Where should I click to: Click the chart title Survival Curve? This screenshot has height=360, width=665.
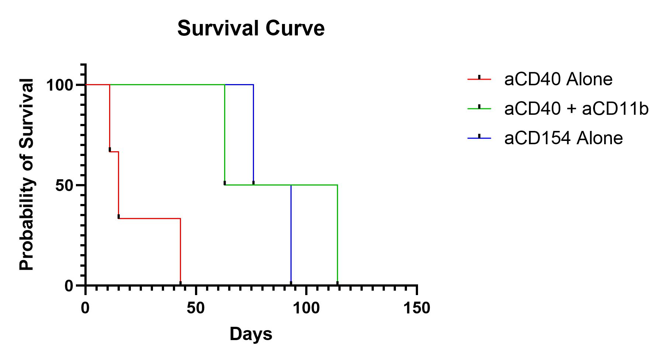click(x=251, y=28)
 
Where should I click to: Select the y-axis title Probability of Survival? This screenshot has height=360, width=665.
click(x=27, y=174)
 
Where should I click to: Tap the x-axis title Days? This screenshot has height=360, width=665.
click(x=251, y=334)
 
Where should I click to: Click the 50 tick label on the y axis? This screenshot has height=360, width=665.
click(x=65, y=185)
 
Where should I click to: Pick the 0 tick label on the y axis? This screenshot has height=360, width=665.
click(x=69, y=285)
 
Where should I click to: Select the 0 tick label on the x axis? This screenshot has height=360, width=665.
click(x=85, y=308)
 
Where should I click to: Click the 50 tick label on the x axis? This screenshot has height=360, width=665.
click(x=196, y=308)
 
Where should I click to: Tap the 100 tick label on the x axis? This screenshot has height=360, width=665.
click(x=306, y=308)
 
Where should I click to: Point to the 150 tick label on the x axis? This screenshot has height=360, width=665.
click(x=417, y=308)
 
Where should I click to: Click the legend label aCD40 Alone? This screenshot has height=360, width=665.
click(x=558, y=79)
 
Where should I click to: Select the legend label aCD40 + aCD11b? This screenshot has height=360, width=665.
click(x=576, y=108)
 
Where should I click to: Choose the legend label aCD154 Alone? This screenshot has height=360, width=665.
click(x=563, y=138)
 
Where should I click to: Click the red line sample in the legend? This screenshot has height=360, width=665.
click(x=479, y=79)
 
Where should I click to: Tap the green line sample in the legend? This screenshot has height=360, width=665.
click(x=479, y=108)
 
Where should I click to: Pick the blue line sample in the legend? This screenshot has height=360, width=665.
click(x=479, y=138)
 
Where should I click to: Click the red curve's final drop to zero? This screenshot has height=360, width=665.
click(x=180, y=251)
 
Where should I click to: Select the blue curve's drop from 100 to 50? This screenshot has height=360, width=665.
click(x=253, y=135)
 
